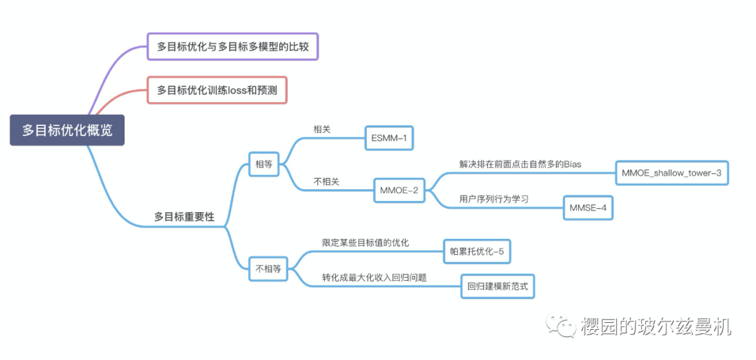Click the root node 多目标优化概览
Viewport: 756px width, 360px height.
click(x=66, y=130)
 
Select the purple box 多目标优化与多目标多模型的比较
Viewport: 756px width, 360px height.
click(x=232, y=47)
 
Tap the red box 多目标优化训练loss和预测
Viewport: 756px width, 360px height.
click(x=217, y=90)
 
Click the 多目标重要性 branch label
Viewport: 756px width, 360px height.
click(x=184, y=217)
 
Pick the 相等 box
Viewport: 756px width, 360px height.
click(x=264, y=165)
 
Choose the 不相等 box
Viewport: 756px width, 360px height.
click(x=268, y=268)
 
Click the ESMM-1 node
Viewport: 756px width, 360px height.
click(x=388, y=138)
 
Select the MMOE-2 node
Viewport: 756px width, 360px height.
click(x=398, y=190)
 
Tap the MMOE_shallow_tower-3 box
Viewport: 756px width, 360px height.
click(x=671, y=172)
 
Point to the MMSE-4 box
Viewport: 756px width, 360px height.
click(x=588, y=208)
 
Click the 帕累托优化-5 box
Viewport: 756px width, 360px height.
click(x=477, y=251)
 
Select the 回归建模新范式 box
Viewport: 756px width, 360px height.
click(x=497, y=286)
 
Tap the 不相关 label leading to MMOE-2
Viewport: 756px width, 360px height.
click(x=326, y=181)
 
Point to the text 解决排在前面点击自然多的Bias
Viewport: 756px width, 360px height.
click(x=520, y=164)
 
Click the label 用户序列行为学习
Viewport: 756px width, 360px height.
click(x=493, y=199)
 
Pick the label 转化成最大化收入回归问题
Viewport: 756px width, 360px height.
click(x=374, y=277)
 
